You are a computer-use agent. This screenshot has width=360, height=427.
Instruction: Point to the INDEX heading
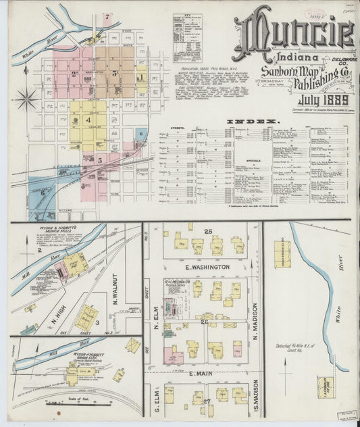pyautogui.click(x=253, y=121)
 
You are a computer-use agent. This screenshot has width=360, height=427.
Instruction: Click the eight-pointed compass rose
pyautogui.click(x=26, y=99)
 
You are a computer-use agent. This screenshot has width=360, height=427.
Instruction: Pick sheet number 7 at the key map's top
pyautogui.click(x=107, y=16)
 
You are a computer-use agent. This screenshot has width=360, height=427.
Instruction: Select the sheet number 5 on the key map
pyautogui.click(x=99, y=160)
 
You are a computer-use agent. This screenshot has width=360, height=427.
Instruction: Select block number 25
pyautogui.click(x=209, y=232)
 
